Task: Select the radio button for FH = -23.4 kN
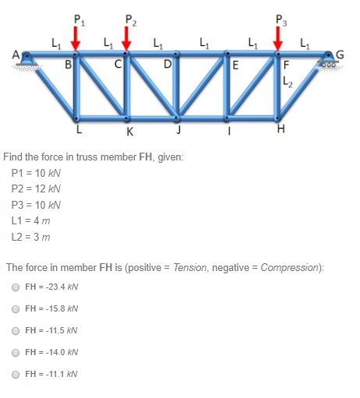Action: [16, 287]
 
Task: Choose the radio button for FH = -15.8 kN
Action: [16, 309]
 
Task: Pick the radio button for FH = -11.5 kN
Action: [16, 331]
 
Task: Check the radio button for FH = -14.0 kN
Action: [16, 353]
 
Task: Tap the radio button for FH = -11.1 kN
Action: [16, 375]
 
